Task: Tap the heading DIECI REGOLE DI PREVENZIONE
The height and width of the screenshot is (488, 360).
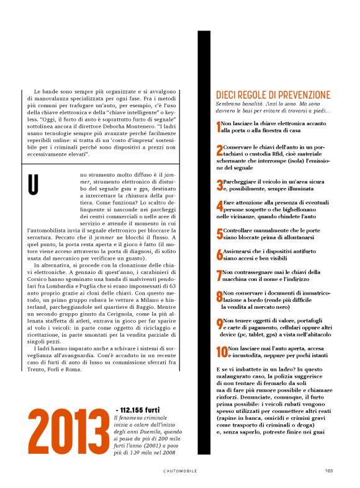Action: [x=273, y=95]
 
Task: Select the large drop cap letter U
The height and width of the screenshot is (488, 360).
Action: [x=34, y=185]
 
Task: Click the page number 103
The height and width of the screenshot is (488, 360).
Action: [x=329, y=471]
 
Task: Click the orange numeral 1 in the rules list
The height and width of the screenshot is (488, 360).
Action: [x=218, y=127]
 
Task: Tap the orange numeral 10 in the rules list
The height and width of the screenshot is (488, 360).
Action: [x=221, y=352]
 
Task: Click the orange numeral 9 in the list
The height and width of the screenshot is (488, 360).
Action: [x=219, y=324]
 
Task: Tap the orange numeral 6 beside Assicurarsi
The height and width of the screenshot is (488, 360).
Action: [x=219, y=254]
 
